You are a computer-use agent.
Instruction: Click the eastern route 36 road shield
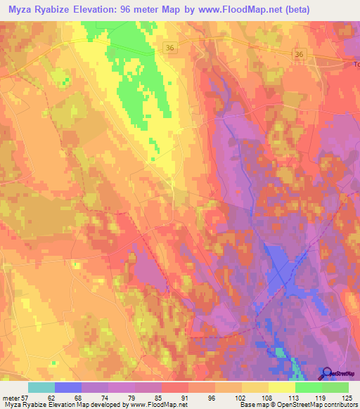click(300, 54)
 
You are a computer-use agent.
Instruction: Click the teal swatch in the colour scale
click(41, 387)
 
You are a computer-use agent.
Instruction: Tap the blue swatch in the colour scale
click(68, 387)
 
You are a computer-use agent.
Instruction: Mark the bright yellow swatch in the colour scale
click(282, 387)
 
